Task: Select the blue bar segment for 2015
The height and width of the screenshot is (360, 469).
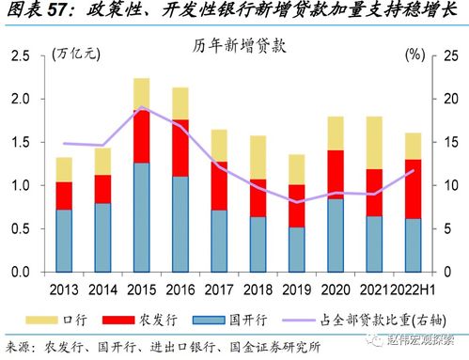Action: (x=142, y=217)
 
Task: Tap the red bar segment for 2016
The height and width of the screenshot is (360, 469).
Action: (x=180, y=148)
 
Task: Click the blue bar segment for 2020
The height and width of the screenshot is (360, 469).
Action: (x=335, y=235)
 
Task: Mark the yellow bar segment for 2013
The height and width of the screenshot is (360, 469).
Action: (x=65, y=169)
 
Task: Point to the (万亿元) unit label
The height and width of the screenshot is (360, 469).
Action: (x=76, y=55)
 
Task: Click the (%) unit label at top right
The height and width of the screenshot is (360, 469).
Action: (x=415, y=55)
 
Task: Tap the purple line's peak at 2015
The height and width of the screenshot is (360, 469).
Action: (x=142, y=108)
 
